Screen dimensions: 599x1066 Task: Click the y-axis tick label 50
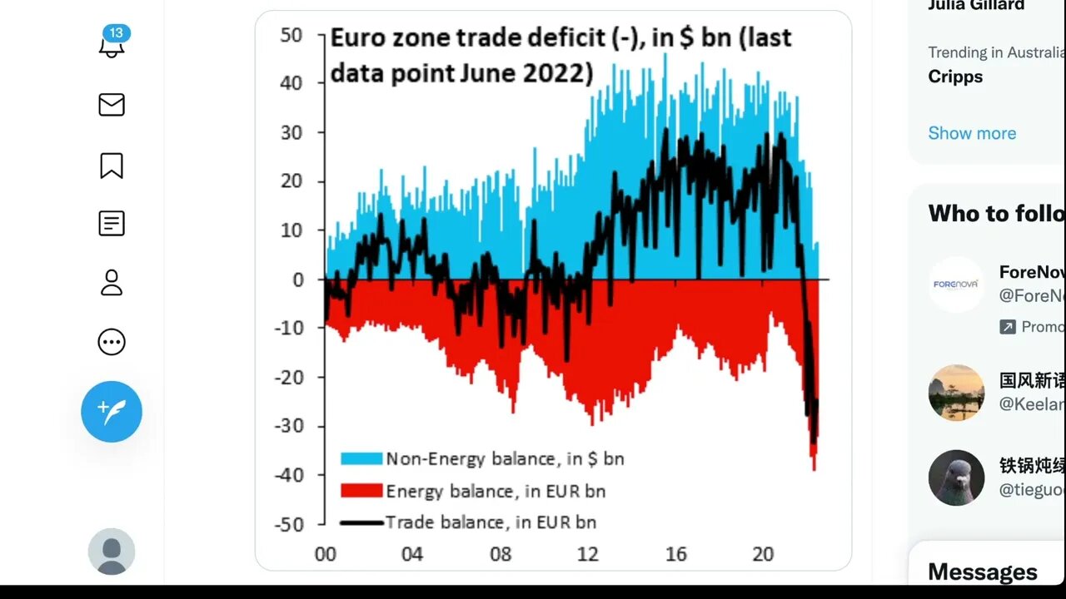tap(291, 35)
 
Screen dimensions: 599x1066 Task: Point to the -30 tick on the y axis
tap(288, 426)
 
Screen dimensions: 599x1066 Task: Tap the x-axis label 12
tap(588, 554)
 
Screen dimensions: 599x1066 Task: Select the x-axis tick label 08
tap(500, 554)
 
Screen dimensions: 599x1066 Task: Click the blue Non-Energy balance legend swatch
tap(361, 458)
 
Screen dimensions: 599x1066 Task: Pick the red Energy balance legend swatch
tap(361, 491)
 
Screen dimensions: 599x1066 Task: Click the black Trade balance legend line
tap(361, 522)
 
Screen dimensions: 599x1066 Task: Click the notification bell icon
tap(112, 45)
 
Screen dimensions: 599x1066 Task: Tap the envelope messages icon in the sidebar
tap(112, 105)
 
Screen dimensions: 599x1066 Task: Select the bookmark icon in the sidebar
tap(112, 166)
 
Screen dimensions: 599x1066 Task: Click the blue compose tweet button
tap(112, 412)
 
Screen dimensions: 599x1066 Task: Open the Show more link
tap(972, 133)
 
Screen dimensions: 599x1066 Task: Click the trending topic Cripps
tap(955, 77)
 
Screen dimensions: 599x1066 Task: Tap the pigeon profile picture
tap(956, 478)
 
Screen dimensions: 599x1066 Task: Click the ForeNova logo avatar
tap(956, 285)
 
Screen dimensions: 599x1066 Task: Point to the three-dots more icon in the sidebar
tap(112, 342)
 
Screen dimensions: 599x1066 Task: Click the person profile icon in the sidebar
tap(112, 283)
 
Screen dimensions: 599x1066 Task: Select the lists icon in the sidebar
tap(112, 223)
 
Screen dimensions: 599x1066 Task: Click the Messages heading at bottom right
tap(983, 572)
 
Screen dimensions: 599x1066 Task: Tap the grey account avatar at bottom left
tap(112, 552)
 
